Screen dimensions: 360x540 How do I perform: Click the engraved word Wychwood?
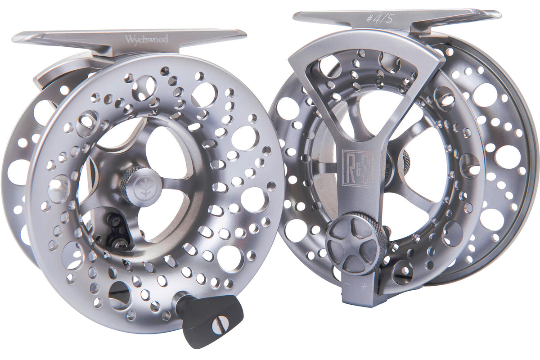pyautogui.click(x=147, y=39)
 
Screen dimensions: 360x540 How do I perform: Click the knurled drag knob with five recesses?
pyautogui.click(x=356, y=243)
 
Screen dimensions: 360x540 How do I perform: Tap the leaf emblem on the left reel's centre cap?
pyautogui.click(x=137, y=185)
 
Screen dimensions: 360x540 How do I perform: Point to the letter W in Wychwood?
pyautogui.click(x=129, y=39)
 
